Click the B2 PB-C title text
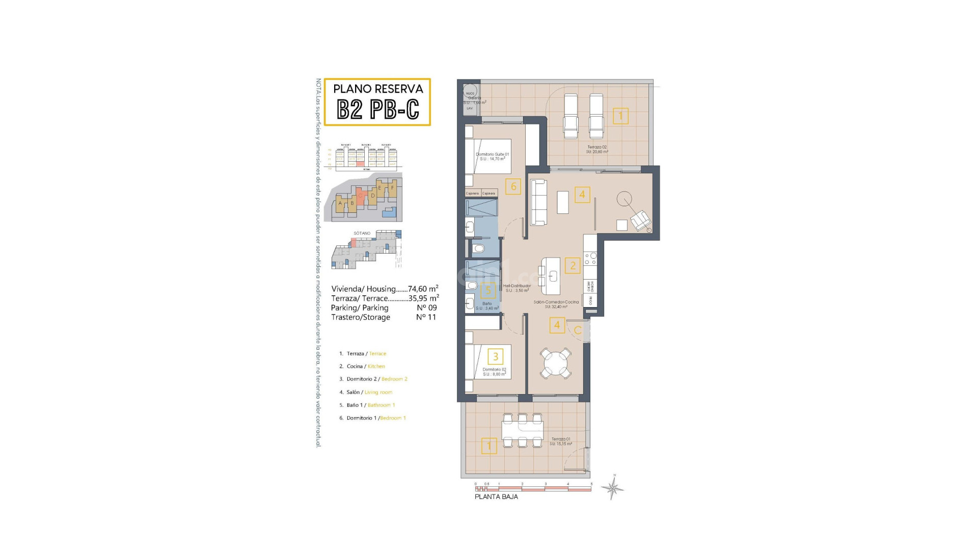tap(378, 109)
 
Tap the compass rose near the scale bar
tap(613, 489)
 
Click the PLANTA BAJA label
tap(496, 497)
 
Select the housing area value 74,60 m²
tap(423, 289)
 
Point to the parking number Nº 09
tap(426, 308)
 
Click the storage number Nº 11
tap(426, 317)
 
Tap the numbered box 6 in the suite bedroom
tap(513, 187)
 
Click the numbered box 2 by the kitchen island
tap(573, 265)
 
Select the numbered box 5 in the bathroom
tap(488, 290)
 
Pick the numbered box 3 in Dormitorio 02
tap(495, 356)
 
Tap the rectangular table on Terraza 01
tap(522, 431)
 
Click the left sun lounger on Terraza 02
tap(570, 117)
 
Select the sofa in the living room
tap(538, 202)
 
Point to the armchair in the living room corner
tap(640, 221)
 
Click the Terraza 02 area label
tap(597, 149)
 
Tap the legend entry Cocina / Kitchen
tap(365, 366)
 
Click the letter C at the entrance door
tap(577, 331)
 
